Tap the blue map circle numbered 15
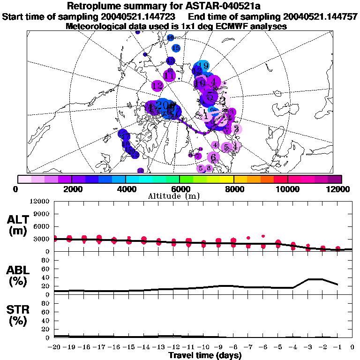(176, 48)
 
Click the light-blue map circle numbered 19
(203, 66)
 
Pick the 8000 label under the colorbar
(233, 189)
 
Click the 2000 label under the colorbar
(71, 189)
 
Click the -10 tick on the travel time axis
(203, 347)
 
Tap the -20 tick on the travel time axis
(55, 347)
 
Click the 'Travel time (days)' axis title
(205, 356)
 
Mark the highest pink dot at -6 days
(263, 236)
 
